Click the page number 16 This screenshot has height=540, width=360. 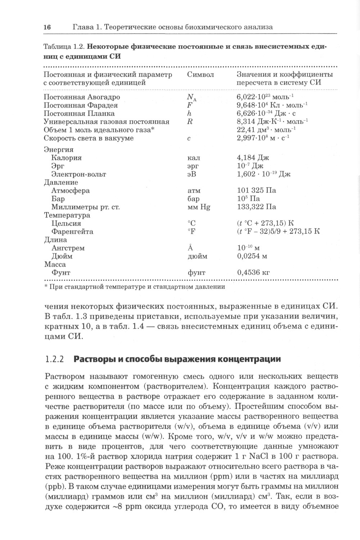point(47,27)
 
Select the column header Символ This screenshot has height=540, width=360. point(201,75)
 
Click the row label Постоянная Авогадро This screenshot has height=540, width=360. point(82,97)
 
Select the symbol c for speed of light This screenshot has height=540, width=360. point(189,139)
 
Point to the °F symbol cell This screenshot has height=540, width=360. point(191,231)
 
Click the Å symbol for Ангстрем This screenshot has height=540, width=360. point(190,248)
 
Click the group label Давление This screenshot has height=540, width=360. point(61,183)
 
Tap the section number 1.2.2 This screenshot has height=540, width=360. point(54,359)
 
